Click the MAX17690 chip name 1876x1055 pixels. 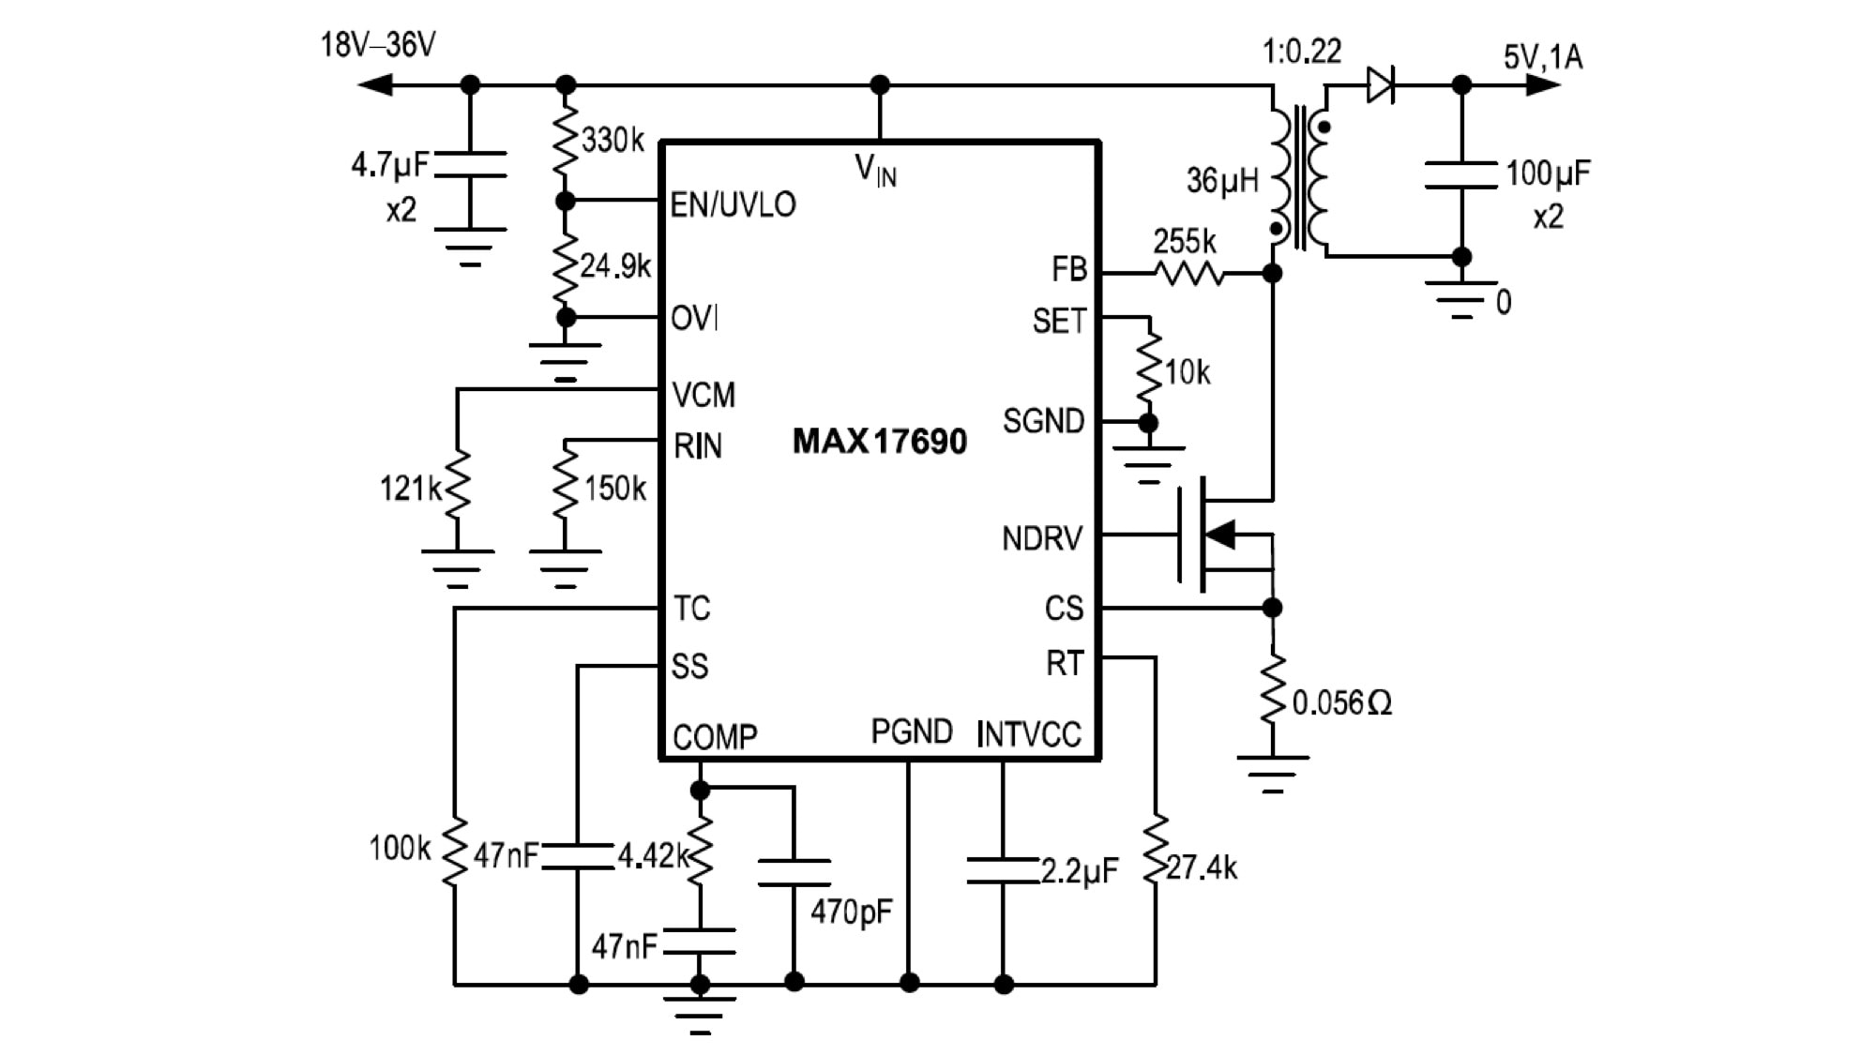[879, 441]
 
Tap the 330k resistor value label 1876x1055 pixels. [613, 141]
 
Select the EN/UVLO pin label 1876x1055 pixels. [733, 204]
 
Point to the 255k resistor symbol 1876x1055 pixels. [1188, 273]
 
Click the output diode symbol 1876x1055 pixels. [1381, 84]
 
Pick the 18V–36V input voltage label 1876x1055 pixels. [378, 44]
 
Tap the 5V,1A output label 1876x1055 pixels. [1543, 57]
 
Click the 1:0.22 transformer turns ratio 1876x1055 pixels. [1301, 51]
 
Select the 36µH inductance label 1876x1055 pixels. [1221, 180]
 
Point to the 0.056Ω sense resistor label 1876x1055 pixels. [1341, 702]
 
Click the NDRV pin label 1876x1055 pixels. [1041, 538]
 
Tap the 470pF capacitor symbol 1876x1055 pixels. [794, 873]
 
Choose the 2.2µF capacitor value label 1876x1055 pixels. [1080, 871]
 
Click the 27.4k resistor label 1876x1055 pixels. [1202, 867]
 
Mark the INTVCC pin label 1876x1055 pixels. [1028, 734]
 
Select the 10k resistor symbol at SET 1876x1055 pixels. [1149, 369]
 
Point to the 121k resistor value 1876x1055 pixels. [409, 489]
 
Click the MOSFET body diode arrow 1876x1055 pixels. [1220, 535]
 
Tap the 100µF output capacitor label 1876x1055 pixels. [1548, 173]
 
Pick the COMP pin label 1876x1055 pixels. [715, 737]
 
